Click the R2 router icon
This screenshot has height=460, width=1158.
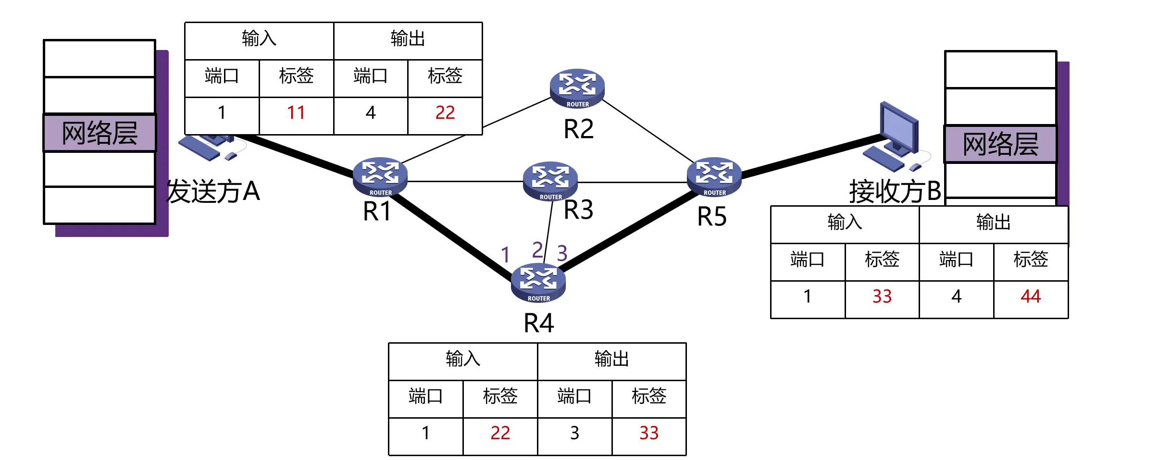577,88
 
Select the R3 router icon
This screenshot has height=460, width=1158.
550,180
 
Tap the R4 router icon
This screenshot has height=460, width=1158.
538,283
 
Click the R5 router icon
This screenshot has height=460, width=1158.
714,176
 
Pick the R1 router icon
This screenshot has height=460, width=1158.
380,176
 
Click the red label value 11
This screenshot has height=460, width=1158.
296,113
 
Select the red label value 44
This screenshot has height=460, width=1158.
1031,297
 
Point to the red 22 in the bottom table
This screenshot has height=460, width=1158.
500,433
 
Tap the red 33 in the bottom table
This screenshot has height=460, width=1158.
648,433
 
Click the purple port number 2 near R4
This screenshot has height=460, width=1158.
537,250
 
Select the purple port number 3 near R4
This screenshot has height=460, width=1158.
562,253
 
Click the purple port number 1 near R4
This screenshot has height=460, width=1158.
505,255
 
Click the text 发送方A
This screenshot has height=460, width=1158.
213,191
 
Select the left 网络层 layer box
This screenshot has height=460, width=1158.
100,133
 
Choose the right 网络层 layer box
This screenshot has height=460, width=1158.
1000,144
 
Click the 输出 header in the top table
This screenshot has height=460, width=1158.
408,38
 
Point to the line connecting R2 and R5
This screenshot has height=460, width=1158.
647,130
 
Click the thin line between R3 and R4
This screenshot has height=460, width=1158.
548,231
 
